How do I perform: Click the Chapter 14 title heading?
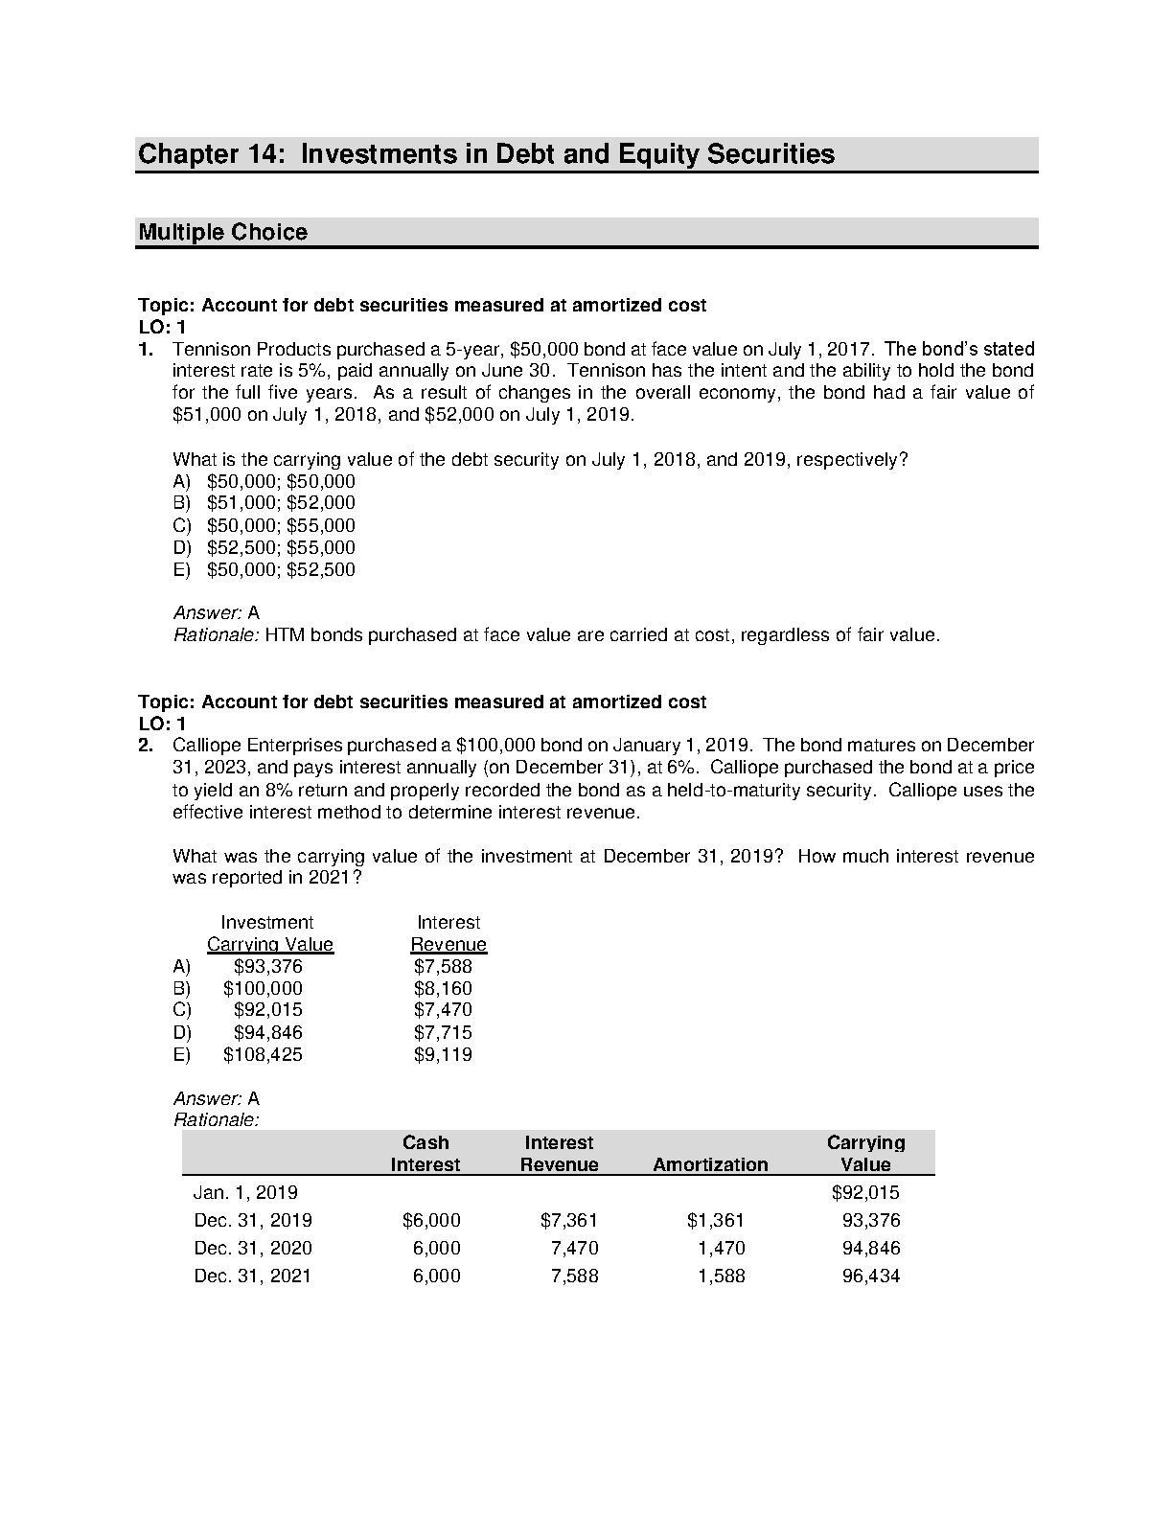point(486,154)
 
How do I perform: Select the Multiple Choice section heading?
point(223,232)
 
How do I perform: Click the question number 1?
point(146,349)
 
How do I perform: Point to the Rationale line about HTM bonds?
point(556,634)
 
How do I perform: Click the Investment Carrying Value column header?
point(269,933)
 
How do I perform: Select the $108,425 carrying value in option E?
point(263,1055)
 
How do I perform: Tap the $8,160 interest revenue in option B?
point(443,988)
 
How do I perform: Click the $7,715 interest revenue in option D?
point(443,1033)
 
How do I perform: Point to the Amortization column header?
point(710,1164)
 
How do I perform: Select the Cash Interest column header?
point(425,1154)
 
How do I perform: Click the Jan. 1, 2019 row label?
point(245,1193)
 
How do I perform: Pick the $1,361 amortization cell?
point(715,1221)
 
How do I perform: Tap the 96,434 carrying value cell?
point(871,1276)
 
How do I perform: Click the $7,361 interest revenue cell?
point(568,1221)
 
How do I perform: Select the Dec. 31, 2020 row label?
point(252,1249)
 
